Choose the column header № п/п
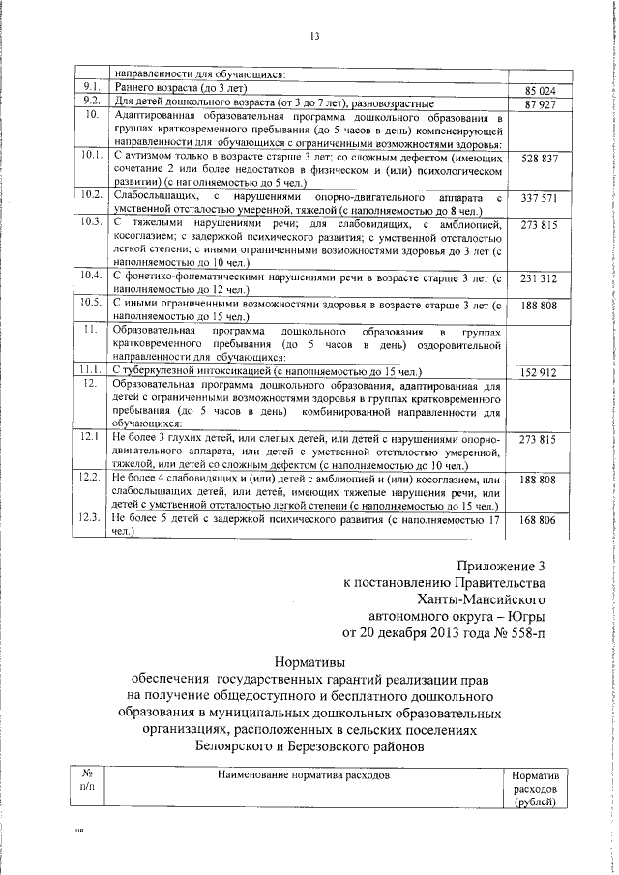(x=87, y=782)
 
